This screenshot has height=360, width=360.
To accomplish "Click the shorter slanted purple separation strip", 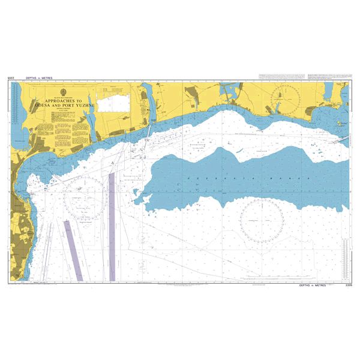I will pos(72,246).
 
